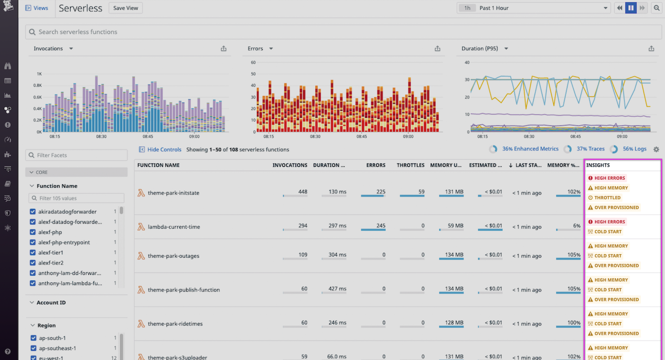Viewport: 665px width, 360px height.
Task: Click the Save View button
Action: (x=125, y=8)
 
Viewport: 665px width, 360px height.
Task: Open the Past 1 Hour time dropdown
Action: (x=533, y=8)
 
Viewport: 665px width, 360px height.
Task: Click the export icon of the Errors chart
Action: (x=437, y=48)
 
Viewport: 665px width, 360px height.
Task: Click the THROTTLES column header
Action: (x=410, y=165)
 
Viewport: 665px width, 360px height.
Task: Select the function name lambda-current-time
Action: (x=174, y=227)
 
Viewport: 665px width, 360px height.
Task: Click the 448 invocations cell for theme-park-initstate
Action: (x=302, y=192)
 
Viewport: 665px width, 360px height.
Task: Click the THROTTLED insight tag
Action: (x=607, y=198)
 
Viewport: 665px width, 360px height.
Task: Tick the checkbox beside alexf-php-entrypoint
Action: (x=32, y=242)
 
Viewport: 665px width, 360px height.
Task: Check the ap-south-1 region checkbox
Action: (x=32, y=338)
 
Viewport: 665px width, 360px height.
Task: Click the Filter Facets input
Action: (x=76, y=155)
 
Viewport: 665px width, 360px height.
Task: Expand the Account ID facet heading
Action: (x=51, y=303)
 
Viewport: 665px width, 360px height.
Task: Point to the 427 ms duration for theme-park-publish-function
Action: (x=337, y=289)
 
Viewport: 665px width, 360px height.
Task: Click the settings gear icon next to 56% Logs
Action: (x=656, y=149)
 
